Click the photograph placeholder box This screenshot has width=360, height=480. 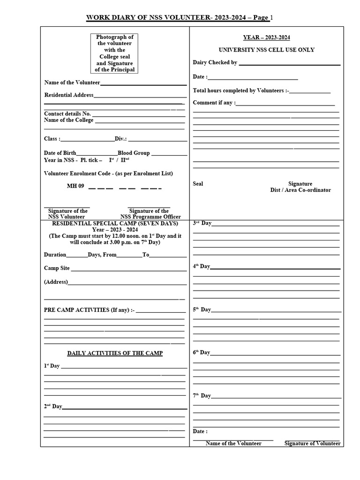point(115,53)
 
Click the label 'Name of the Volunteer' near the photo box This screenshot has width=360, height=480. point(72,82)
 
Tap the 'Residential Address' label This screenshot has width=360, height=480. point(69,95)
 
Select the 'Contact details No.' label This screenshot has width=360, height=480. point(67,113)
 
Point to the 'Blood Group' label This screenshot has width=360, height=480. point(134,153)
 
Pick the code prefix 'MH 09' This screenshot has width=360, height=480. point(75,186)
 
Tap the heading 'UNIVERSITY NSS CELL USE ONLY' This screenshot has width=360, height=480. point(266,50)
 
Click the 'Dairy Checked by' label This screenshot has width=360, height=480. point(215,62)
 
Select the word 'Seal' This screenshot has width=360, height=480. point(198,184)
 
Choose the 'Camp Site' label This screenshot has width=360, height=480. point(57,268)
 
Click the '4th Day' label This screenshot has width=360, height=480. point(202,266)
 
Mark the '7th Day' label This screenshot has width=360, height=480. point(202,396)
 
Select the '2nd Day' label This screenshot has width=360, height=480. point(53,406)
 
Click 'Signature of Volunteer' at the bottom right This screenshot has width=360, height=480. point(312,443)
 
